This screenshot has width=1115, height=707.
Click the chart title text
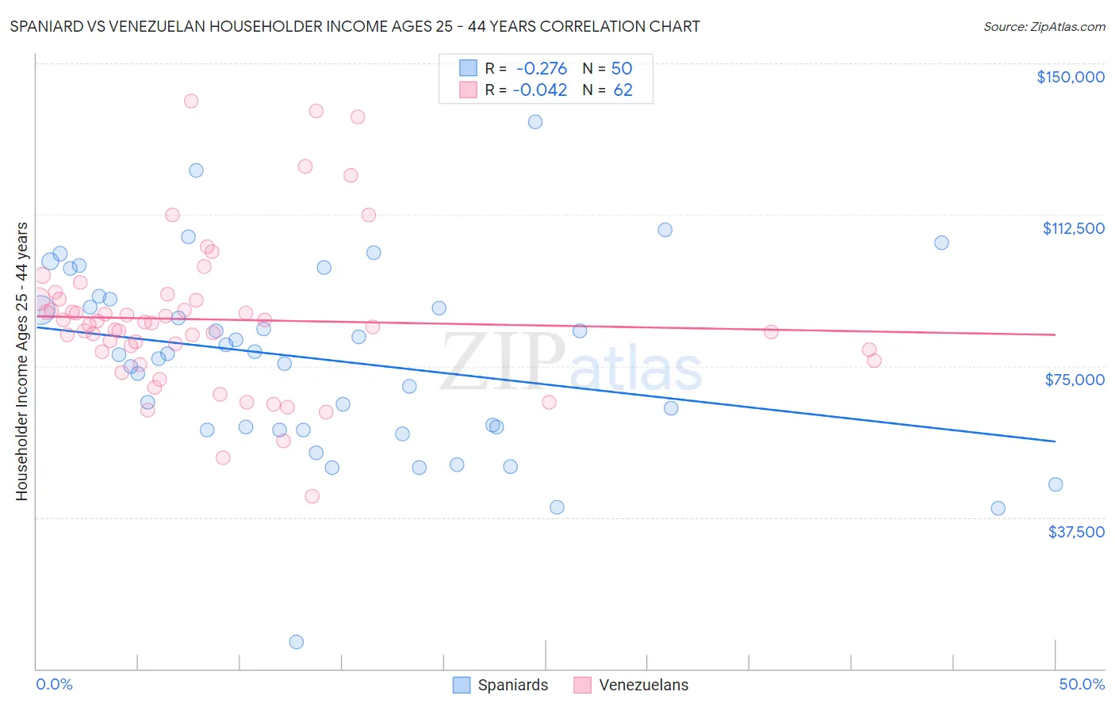click(x=354, y=26)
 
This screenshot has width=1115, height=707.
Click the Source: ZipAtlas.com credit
click(x=1044, y=26)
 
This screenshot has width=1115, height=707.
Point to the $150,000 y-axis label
click(x=1070, y=77)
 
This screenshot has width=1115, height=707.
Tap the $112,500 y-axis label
click(x=1073, y=228)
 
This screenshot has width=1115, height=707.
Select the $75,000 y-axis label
click(x=1075, y=380)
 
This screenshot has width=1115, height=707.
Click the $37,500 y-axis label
click(x=1075, y=532)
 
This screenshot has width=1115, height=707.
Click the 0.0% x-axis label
click(x=54, y=684)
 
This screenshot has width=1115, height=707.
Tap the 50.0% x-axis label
click(x=1082, y=684)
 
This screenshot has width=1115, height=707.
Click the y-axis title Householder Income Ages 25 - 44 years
click(x=21, y=361)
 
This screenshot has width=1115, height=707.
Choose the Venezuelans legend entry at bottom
click(x=631, y=685)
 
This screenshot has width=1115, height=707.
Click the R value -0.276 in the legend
click(x=541, y=68)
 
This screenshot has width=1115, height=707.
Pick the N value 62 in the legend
click(x=623, y=90)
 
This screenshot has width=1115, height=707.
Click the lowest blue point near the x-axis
click(x=297, y=642)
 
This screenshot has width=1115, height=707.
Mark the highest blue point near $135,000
click(x=535, y=122)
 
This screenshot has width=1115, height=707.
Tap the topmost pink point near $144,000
click(x=191, y=101)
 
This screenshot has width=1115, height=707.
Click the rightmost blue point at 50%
click(x=1056, y=484)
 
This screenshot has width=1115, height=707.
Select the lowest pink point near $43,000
click(x=312, y=496)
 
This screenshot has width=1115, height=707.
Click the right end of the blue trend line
click(x=1055, y=441)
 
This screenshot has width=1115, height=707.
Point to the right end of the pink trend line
click(x=1055, y=334)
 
